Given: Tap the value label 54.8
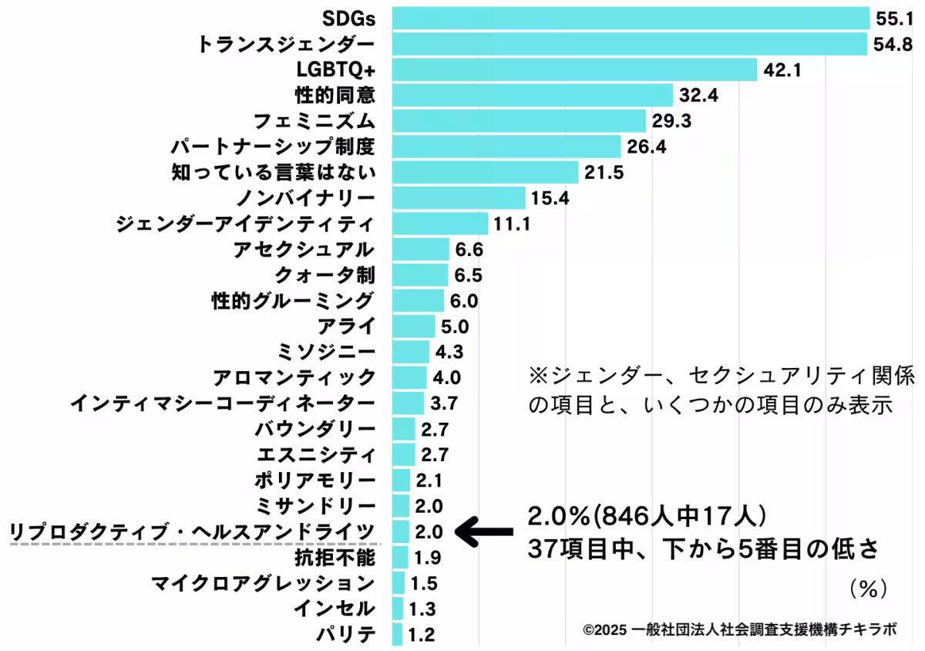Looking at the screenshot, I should (893, 44).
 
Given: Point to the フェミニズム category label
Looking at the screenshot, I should (314, 121).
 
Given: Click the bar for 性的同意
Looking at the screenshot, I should (532, 96).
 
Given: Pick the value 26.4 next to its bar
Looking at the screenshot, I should (646, 147).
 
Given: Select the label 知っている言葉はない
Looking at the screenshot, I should (273, 172).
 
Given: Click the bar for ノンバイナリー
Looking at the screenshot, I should (459, 198).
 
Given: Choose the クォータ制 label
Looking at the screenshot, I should (325, 275).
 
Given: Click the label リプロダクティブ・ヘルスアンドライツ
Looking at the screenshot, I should (192, 531).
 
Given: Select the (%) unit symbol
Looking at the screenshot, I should (869, 590).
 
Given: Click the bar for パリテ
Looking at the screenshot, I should (397, 635).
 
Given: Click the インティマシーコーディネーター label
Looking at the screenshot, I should (223, 403).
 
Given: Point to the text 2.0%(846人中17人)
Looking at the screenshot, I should (647, 514).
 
